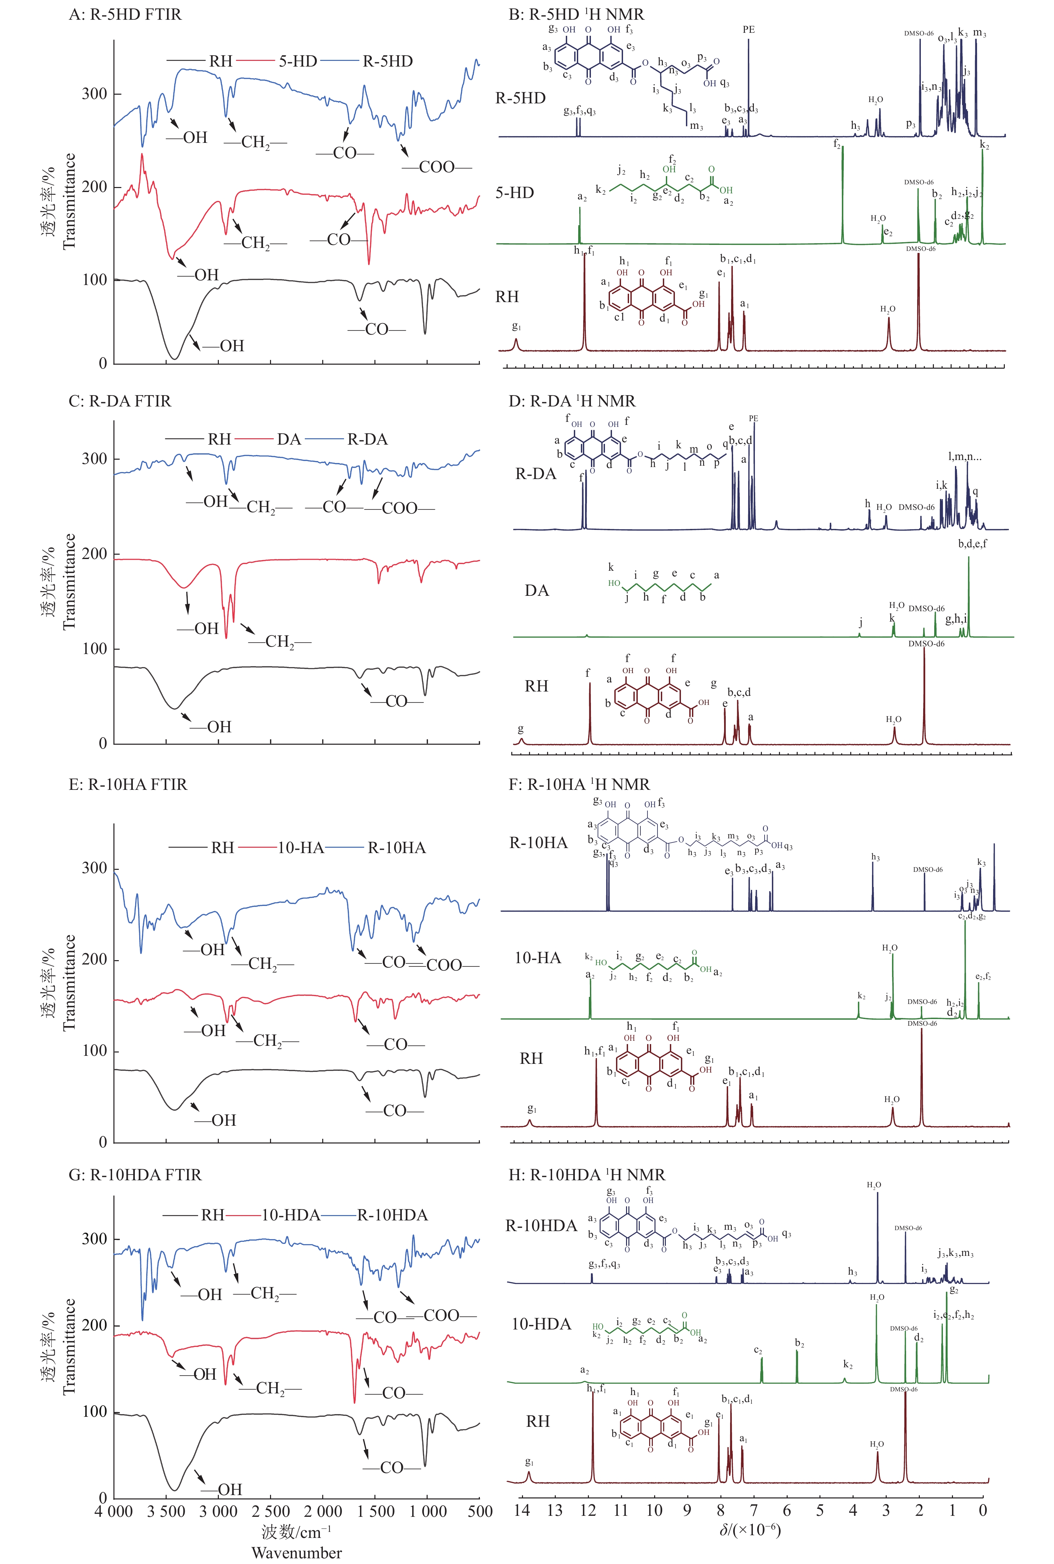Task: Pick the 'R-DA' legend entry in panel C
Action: tap(367, 440)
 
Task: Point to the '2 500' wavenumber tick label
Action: tap(271, 1511)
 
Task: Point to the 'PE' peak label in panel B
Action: tap(748, 29)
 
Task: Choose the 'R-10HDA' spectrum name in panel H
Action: tap(541, 1225)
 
